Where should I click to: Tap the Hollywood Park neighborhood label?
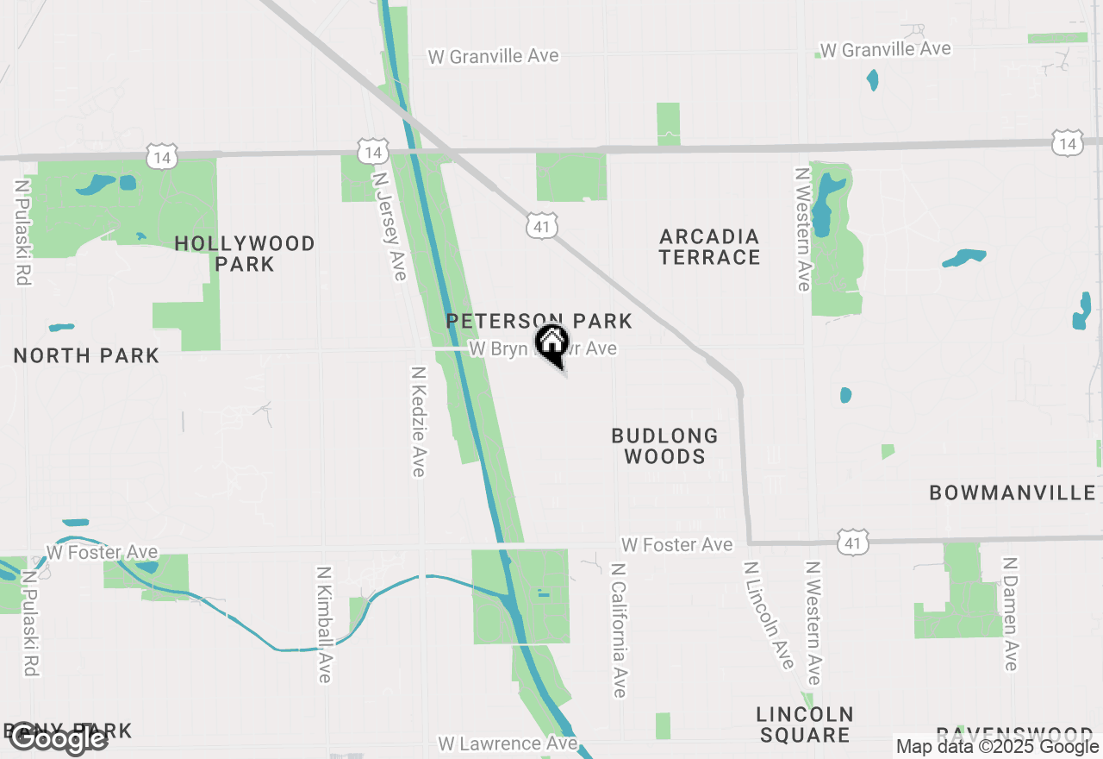pos(245,254)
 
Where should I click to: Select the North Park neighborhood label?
pos(87,355)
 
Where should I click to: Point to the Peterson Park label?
pos(539,322)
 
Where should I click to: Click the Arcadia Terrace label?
pos(709,247)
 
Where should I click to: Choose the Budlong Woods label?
pos(664,446)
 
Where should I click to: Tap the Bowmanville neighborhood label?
pos(1013,492)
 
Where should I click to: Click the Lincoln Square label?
pos(805,724)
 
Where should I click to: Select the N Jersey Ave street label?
pos(389,225)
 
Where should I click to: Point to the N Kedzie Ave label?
pos(419,421)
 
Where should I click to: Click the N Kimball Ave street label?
pos(324,624)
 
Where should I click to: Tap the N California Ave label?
pos(619,630)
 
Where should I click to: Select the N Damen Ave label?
pos(1011,613)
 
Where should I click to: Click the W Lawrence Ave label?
pos(508,743)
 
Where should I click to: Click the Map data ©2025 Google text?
pos(997,747)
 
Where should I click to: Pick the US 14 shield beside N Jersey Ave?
pos(371,152)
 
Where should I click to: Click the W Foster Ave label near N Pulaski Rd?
pos(102,551)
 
